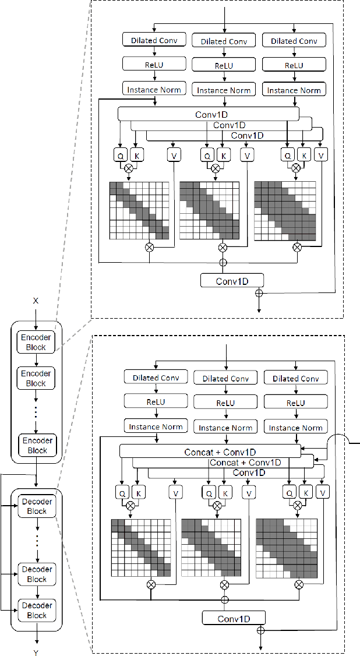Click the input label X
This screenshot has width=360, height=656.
coord(36,301)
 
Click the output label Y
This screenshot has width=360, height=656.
coord(36,653)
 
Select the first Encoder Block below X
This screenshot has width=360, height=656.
coord(36,342)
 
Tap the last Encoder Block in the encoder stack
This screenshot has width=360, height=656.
coord(36,446)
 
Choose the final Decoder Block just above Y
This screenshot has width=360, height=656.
coord(37,610)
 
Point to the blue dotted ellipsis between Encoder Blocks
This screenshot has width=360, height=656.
coord(36,411)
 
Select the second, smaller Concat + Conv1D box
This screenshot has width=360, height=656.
coord(245,462)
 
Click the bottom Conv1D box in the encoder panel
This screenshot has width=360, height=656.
coord(232,281)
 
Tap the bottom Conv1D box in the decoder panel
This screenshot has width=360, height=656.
coord(234,618)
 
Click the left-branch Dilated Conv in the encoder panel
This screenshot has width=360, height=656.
coord(154,40)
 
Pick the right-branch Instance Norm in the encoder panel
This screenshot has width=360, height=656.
coord(294,90)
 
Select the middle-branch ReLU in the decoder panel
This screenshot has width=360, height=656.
coord(225,403)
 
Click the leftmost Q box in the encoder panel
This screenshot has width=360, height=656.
coord(120,155)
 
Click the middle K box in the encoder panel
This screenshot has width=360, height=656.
coord(223,155)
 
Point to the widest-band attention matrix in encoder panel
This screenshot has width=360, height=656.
coord(285,210)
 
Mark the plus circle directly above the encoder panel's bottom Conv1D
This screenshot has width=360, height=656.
coord(222,263)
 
